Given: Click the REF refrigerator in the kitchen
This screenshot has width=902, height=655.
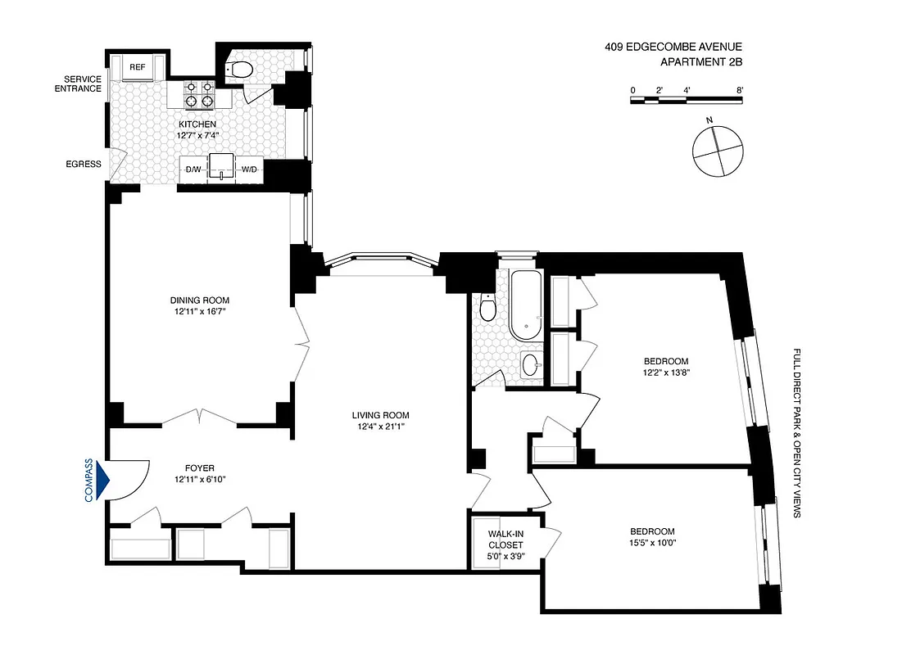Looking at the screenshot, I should [138, 68].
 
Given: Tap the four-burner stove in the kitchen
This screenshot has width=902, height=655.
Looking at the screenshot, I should [200, 95].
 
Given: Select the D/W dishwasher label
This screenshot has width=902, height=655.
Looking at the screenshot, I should [193, 169].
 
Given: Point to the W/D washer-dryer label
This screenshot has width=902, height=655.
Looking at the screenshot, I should [248, 169].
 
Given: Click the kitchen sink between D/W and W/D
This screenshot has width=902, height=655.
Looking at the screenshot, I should [221, 166].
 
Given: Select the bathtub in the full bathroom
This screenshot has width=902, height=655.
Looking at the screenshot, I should [524, 307].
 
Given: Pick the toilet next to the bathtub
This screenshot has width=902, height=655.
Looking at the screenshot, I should [488, 309].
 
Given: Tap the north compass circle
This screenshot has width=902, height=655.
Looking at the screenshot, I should [718, 149].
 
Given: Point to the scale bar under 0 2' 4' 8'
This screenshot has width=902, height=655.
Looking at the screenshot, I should [687, 100].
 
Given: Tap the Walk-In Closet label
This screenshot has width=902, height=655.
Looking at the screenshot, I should [505, 540].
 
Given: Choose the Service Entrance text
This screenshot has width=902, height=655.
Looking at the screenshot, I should [78, 84].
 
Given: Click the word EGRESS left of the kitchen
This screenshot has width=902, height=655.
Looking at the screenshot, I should [84, 164].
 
